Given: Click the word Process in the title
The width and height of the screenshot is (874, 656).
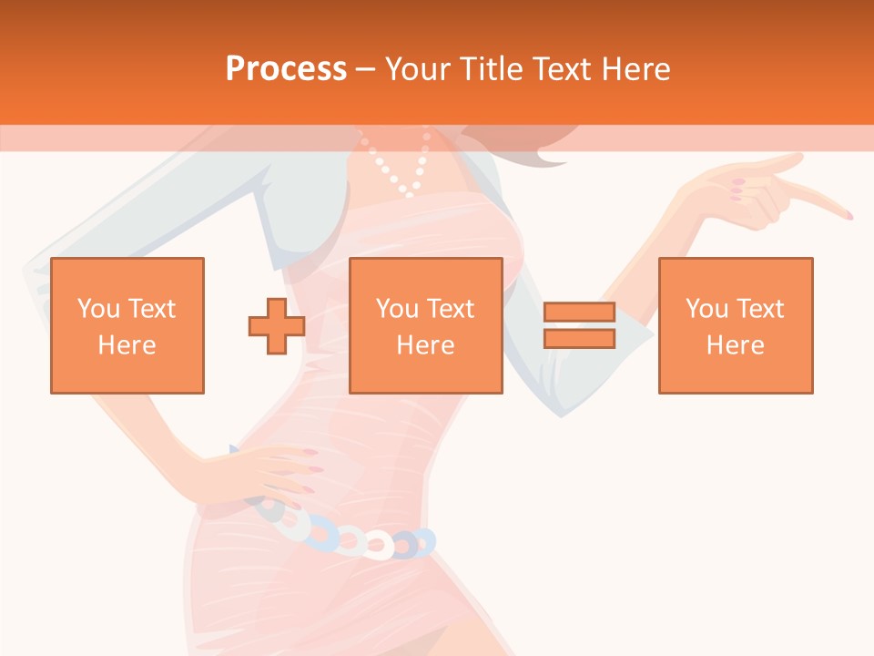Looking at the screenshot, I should (x=286, y=69).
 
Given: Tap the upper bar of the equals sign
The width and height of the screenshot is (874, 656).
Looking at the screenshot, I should (x=579, y=313).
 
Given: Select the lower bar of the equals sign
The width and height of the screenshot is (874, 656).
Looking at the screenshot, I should (x=579, y=339).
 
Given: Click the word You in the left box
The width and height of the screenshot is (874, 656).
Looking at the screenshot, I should (x=97, y=309).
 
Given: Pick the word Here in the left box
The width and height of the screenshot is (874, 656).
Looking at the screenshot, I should (x=127, y=345).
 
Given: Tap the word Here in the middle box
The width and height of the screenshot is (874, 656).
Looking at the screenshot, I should (x=425, y=345).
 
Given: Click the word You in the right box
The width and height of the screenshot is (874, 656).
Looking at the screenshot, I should (x=706, y=309).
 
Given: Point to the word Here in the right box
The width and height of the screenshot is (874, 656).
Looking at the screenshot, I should (x=735, y=345).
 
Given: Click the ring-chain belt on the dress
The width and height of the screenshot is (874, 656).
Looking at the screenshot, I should (x=355, y=539).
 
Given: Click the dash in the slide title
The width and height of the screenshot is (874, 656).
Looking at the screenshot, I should (x=366, y=69).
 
